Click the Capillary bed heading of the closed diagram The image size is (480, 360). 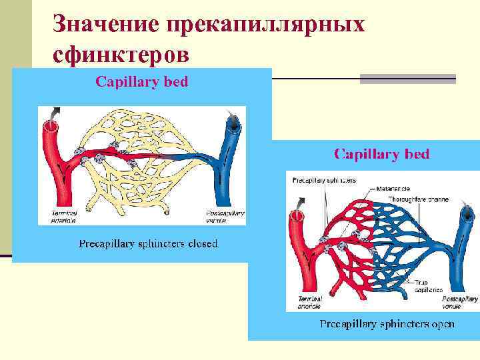(142, 82)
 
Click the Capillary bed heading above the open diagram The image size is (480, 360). (381, 154)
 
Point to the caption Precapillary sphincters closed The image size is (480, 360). (148, 243)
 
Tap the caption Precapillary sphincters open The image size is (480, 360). (387, 324)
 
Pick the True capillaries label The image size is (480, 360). (429, 287)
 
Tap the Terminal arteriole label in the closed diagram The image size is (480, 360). (65, 216)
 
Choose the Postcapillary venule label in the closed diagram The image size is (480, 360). (225, 216)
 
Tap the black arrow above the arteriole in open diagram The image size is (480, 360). (303, 201)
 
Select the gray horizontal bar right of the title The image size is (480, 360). (408, 79)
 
